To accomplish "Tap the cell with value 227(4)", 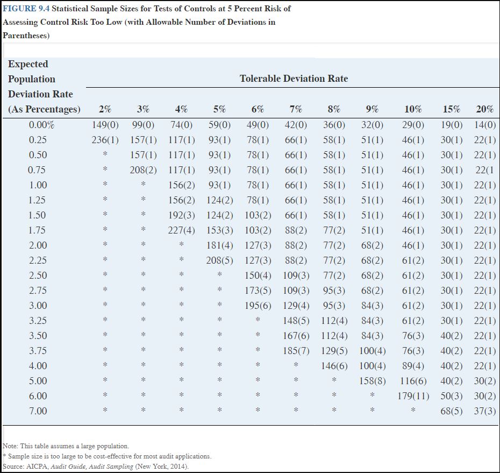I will pyautogui.click(x=181, y=230).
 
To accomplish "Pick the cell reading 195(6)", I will pyautogui.click(x=258, y=306).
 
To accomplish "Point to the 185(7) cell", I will pyautogui.click(x=296, y=351).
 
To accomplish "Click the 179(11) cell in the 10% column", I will pyautogui.click(x=412, y=396).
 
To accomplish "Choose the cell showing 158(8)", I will pyautogui.click(x=372, y=381).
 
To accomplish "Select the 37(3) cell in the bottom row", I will pyautogui.click(x=484, y=411).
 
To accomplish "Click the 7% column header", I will pyautogui.click(x=296, y=109).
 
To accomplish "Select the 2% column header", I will pyautogui.click(x=105, y=109).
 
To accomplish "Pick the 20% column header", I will pyautogui.click(x=484, y=109).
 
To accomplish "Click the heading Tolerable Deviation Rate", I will pyautogui.click(x=294, y=79).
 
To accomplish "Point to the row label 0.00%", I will pyautogui.click(x=41, y=125).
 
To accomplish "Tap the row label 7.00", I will pyautogui.click(x=38, y=411).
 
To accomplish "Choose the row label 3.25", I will pyautogui.click(x=38, y=321).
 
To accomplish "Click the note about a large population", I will pyautogui.click(x=66, y=446).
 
